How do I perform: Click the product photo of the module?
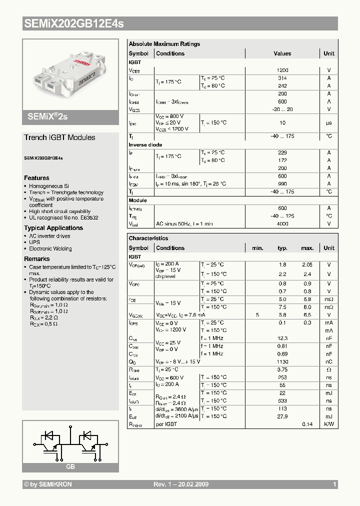click(x=70, y=75)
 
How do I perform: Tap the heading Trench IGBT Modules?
click(x=59, y=137)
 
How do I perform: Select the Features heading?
click(x=36, y=178)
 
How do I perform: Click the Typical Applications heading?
click(x=53, y=228)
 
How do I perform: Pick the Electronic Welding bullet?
click(x=50, y=248)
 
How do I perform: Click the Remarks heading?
click(x=37, y=259)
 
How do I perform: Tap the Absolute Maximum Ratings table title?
click(x=164, y=44)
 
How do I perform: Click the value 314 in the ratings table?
click(x=282, y=78)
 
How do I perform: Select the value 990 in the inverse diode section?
click(x=282, y=184)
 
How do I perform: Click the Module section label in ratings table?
click(x=138, y=200)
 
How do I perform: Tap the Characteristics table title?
click(x=148, y=238)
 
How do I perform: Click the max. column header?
click(x=307, y=248)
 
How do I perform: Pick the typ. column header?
click(x=283, y=248)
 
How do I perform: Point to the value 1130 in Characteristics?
click(x=282, y=361)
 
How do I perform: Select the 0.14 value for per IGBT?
click(x=307, y=424)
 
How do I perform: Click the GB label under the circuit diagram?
click(x=70, y=466)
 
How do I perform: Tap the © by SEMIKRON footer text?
click(x=48, y=484)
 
